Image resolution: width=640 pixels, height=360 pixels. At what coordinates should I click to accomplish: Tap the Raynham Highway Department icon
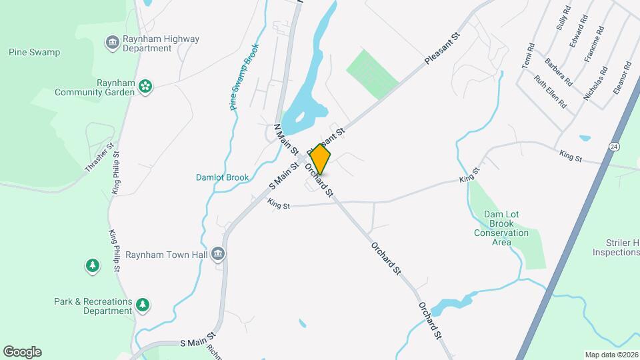click(113, 43)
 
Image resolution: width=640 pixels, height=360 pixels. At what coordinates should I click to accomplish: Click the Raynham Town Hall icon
click(218, 254)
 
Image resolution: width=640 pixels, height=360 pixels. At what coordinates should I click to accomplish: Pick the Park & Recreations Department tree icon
click(142, 305)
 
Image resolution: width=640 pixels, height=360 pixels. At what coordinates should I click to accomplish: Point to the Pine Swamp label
click(34, 52)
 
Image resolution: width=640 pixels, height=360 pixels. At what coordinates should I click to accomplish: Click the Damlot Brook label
click(222, 177)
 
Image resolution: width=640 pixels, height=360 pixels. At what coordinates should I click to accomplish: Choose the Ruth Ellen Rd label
click(550, 92)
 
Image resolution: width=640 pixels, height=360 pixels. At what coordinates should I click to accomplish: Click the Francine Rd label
click(594, 45)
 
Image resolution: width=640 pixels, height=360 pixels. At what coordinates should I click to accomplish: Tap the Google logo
click(22, 352)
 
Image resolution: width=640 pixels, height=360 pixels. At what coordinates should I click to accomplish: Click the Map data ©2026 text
click(611, 355)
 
